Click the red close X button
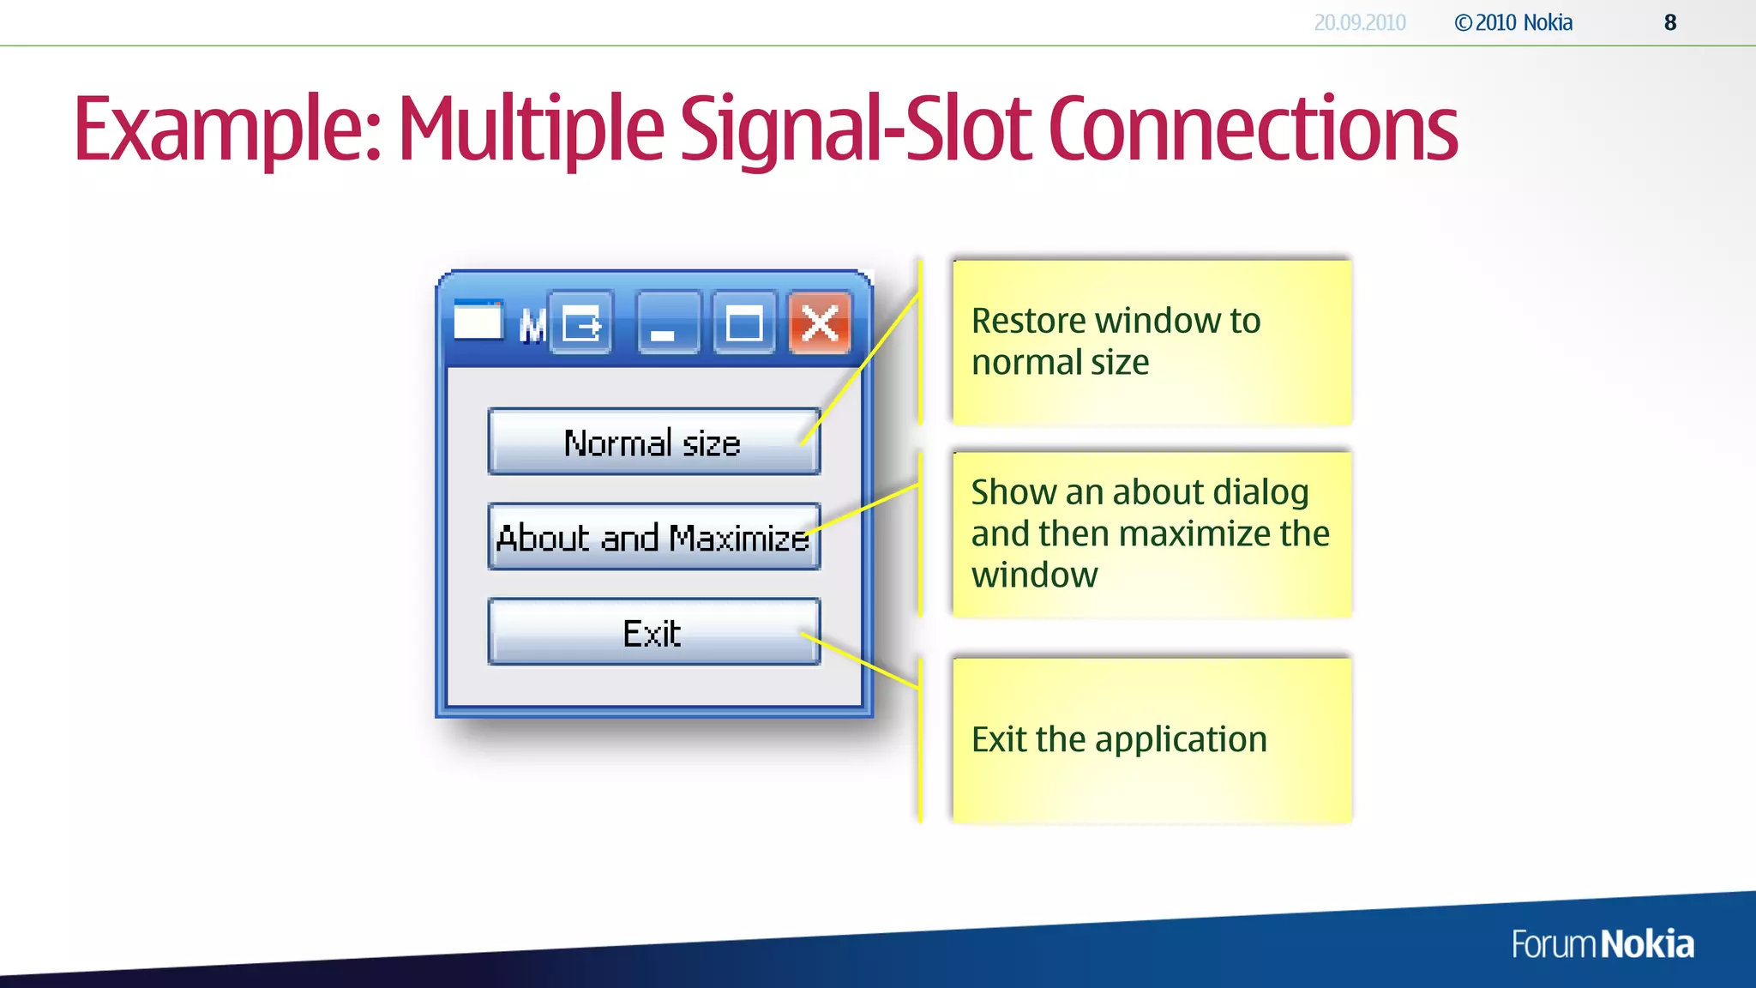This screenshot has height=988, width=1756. click(820, 323)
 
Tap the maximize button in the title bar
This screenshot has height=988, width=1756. click(743, 323)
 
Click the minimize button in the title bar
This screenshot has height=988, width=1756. click(668, 323)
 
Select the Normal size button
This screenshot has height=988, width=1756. click(653, 443)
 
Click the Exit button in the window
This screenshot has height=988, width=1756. click(653, 633)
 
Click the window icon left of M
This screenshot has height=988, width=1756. click(478, 321)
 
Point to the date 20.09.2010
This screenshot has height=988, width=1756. click(1359, 23)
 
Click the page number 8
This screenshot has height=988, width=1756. click(1669, 23)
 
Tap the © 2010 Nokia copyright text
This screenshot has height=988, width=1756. click(1513, 23)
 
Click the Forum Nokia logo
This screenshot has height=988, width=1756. click(1602, 944)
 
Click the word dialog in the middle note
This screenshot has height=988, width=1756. click(1260, 492)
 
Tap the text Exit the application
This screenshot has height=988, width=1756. click(1119, 739)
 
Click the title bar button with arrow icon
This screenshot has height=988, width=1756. click(580, 323)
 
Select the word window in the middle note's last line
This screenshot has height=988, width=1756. click(1034, 575)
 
